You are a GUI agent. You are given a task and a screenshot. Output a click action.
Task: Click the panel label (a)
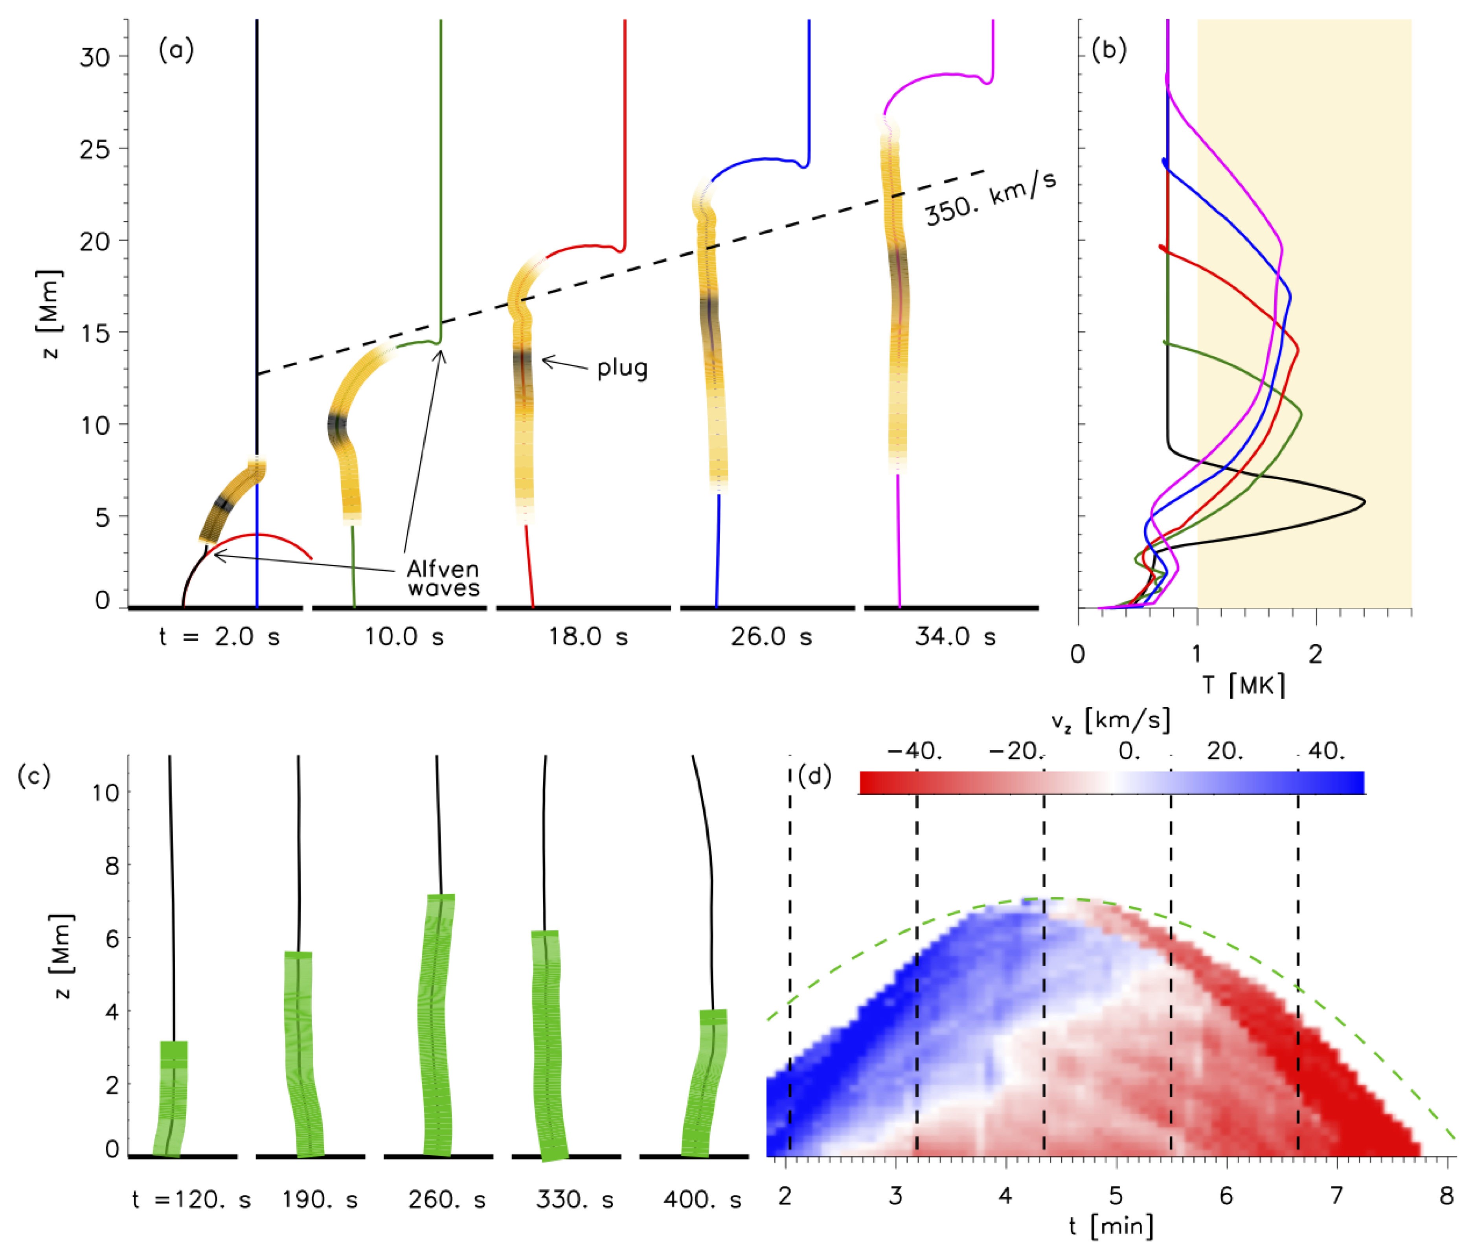(x=175, y=50)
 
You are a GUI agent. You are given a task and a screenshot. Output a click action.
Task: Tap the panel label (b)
(x=1108, y=50)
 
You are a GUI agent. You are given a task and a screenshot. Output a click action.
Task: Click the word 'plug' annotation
(x=621, y=368)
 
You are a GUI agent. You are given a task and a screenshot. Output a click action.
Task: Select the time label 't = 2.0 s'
(x=219, y=636)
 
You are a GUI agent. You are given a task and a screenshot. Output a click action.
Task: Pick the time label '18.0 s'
(x=588, y=636)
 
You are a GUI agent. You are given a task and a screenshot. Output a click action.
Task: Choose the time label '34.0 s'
(x=956, y=636)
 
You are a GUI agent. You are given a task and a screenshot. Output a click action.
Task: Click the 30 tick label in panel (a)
(x=94, y=57)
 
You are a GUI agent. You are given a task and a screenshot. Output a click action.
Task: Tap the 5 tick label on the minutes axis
(x=1116, y=1196)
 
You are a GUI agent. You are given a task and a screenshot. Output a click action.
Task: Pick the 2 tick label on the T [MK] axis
(x=1316, y=654)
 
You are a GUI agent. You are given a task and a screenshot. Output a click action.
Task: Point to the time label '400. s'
(x=702, y=1200)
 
